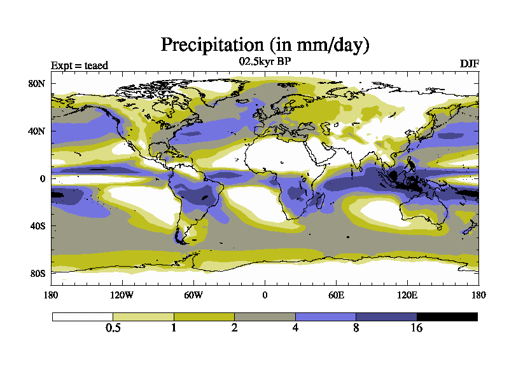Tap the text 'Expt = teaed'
(x=80, y=65)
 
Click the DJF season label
(x=470, y=64)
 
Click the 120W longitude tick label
(x=122, y=295)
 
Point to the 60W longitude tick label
(x=193, y=295)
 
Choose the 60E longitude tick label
(x=336, y=295)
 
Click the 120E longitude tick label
(x=407, y=295)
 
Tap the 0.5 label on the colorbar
(x=113, y=328)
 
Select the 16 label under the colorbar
(x=417, y=328)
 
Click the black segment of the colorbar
(x=447, y=316)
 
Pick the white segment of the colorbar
(x=83, y=316)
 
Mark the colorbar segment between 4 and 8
(x=325, y=316)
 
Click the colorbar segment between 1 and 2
(x=204, y=316)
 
